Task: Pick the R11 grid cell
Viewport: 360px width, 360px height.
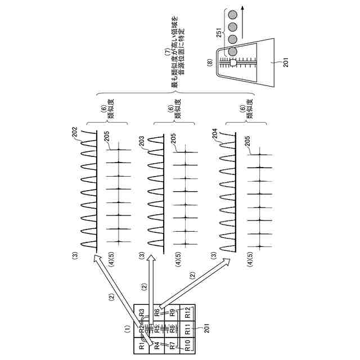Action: click(187, 330)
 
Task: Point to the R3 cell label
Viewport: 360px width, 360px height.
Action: click(142, 313)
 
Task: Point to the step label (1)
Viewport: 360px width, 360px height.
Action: click(128, 327)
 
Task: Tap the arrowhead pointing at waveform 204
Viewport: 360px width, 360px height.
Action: click(231, 260)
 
